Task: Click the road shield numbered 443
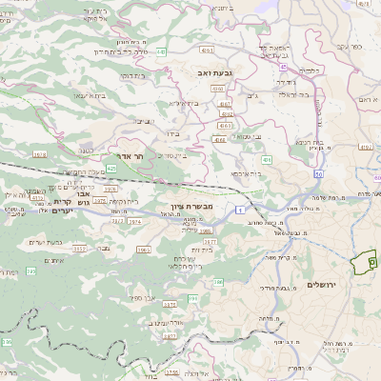tap(162, 51)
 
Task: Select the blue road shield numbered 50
tap(317, 174)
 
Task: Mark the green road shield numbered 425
tap(112, 169)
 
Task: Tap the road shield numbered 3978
tap(39, 152)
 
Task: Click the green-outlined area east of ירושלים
tap(366, 263)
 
